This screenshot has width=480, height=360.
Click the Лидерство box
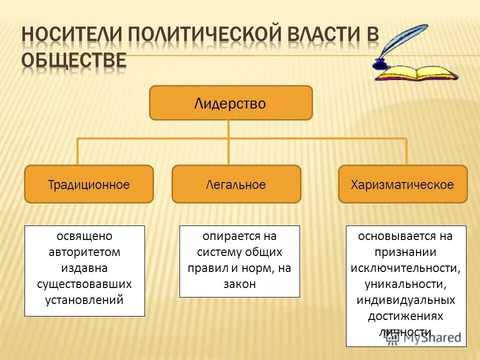click(x=230, y=103)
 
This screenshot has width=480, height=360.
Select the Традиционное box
click(x=89, y=184)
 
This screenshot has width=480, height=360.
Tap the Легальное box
click(x=236, y=184)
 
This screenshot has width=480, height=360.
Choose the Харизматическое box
click(x=402, y=184)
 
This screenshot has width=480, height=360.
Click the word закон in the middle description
click(x=239, y=284)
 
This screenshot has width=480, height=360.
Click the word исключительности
click(x=405, y=268)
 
